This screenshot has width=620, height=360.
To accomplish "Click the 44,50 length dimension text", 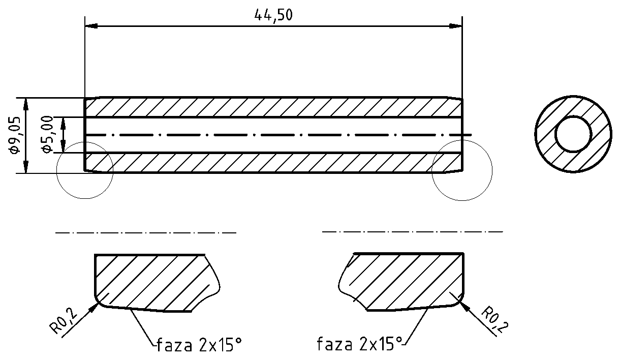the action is click(273, 16).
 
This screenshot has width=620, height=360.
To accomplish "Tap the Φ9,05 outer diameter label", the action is click(14, 135).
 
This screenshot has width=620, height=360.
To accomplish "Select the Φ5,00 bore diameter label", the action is click(47, 134).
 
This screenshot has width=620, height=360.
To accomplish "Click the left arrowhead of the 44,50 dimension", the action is click(91, 26).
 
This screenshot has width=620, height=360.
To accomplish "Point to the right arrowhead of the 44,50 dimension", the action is click(455, 26).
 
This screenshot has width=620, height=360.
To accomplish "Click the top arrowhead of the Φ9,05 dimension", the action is click(26, 104).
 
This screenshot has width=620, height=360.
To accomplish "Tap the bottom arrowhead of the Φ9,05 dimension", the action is click(26, 167).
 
